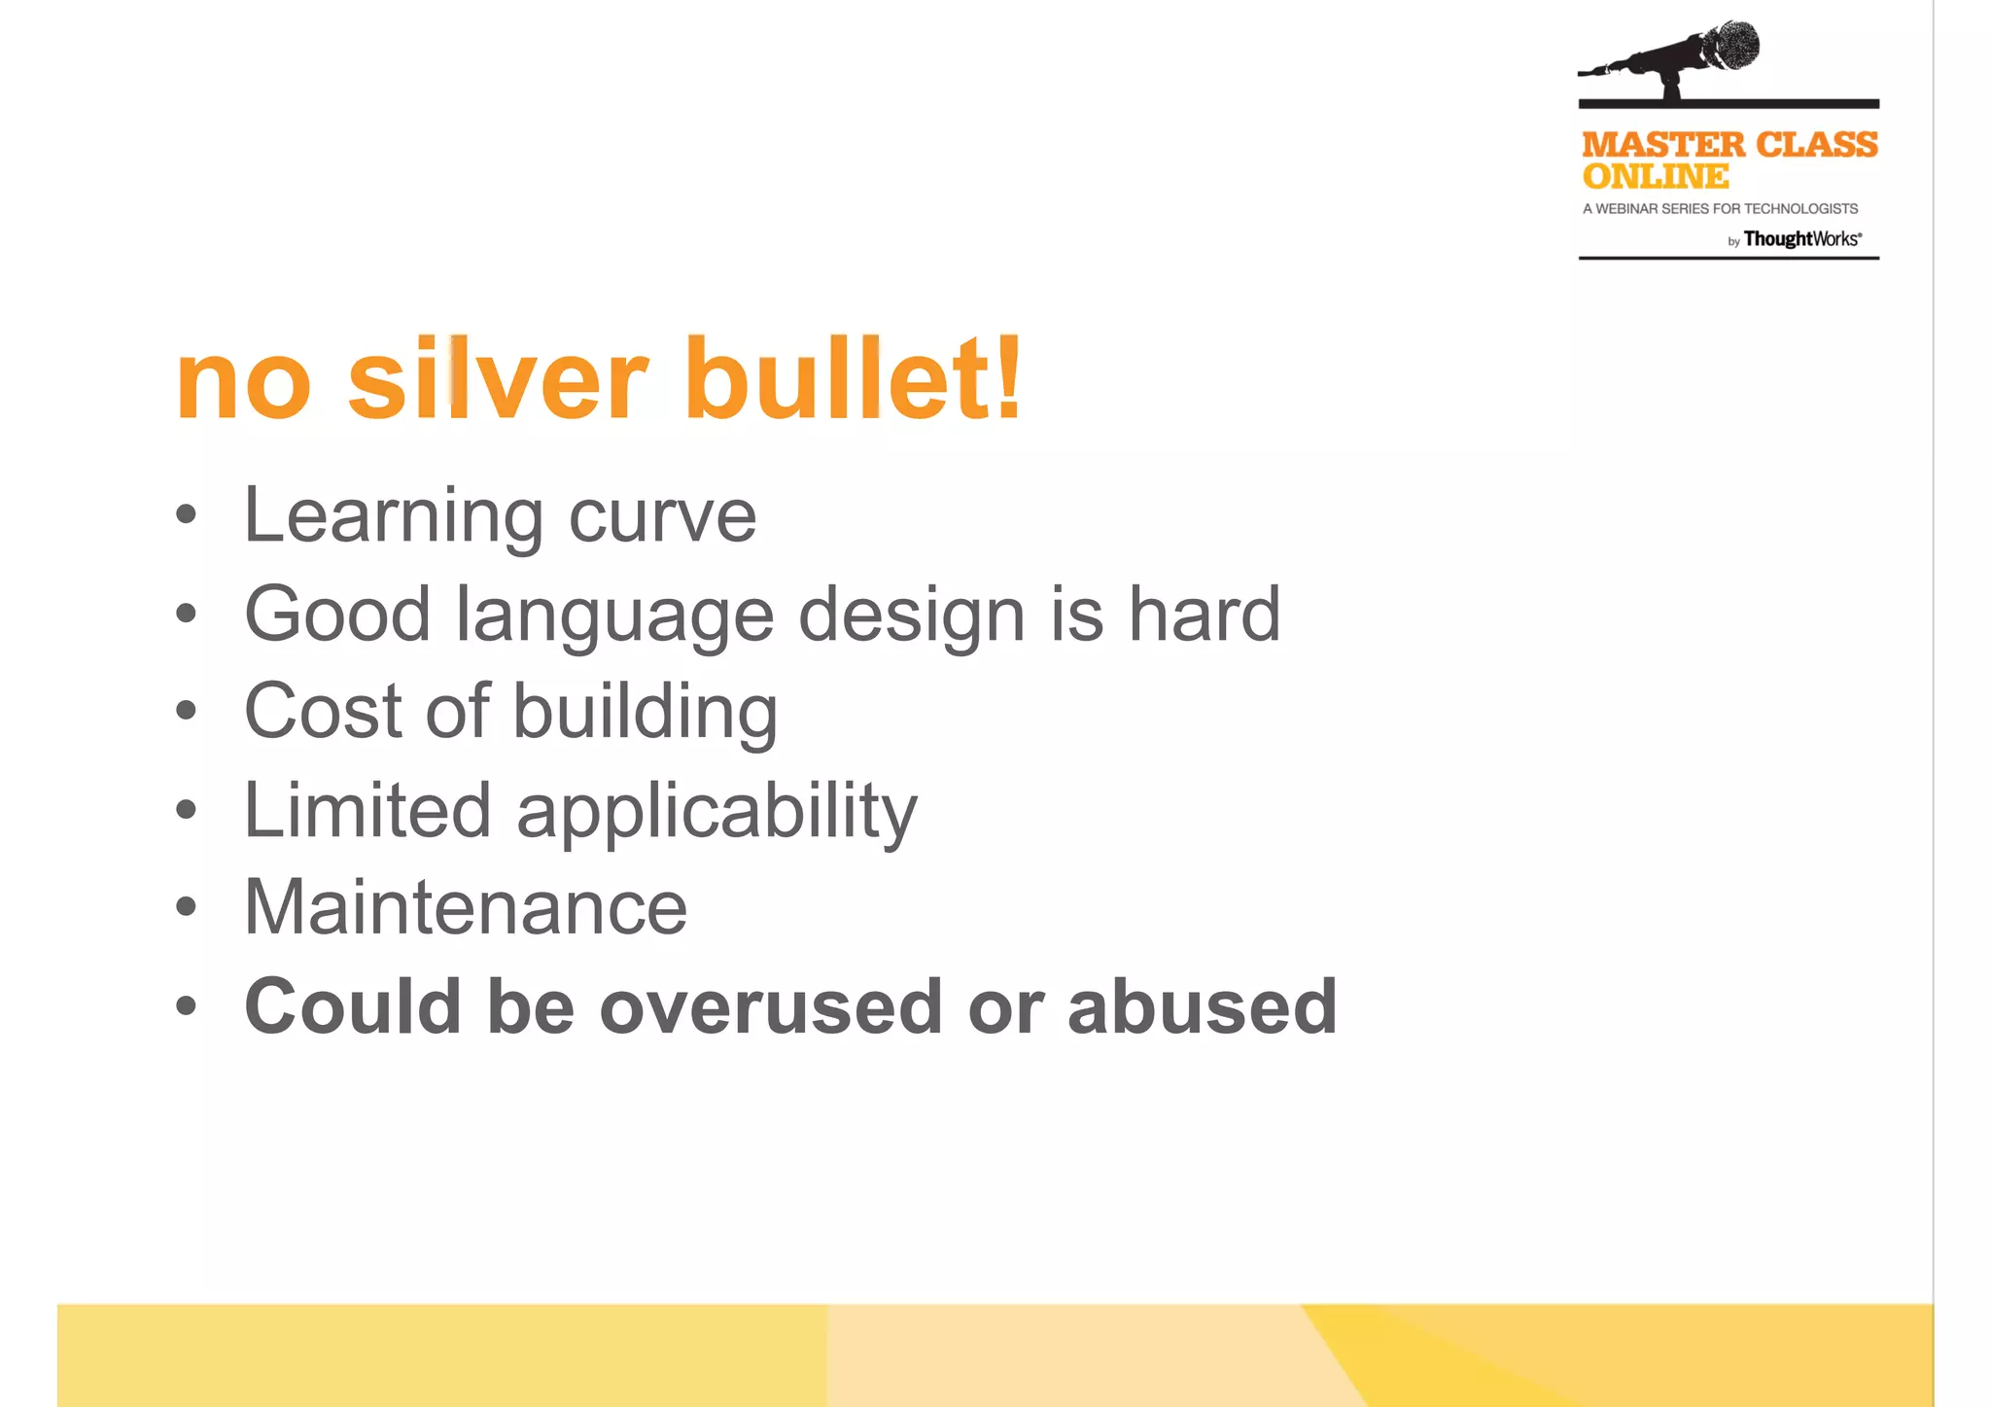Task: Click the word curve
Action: tap(662, 516)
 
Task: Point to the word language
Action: tap(614, 616)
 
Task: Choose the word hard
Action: tap(1204, 614)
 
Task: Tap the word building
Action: tap(645, 713)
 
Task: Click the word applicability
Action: tap(716, 812)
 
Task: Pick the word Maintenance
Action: tap(466, 907)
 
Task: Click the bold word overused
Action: tap(771, 1006)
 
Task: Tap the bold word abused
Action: tap(1202, 1006)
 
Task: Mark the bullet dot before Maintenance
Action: tap(186, 907)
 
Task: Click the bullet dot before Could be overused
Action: tap(186, 1006)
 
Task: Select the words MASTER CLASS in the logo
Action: tap(1729, 145)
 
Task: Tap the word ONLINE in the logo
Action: tap(1655, 177)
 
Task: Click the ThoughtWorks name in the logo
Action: tap(1800, 239)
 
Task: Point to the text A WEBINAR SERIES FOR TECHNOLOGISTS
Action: tap(1720, 209)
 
